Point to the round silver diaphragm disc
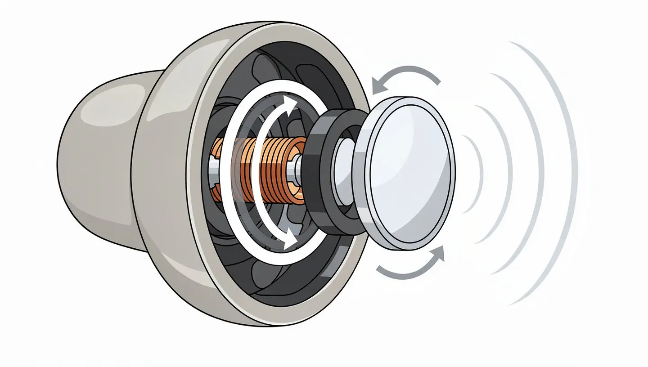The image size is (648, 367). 409,173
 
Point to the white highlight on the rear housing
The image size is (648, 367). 112,101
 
